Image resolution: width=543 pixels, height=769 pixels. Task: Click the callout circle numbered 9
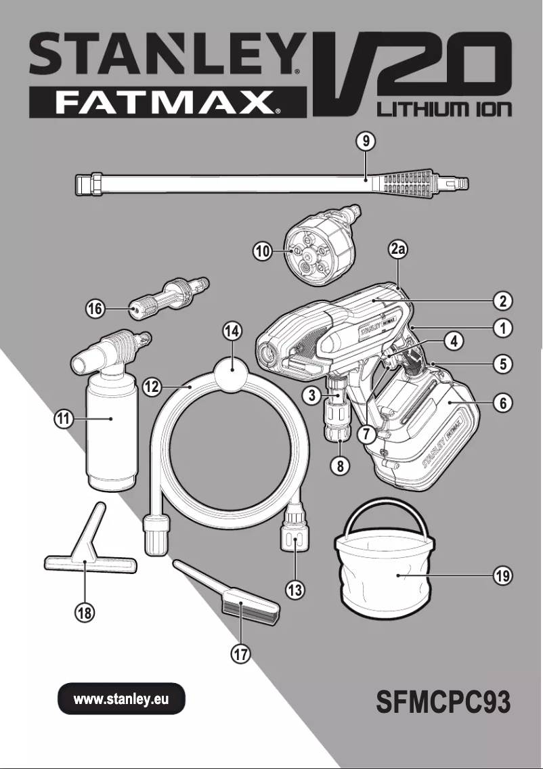click(366, 142)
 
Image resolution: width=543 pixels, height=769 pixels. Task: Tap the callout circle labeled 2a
click(399, 250)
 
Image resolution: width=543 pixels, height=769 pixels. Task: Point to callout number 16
click(95, 309)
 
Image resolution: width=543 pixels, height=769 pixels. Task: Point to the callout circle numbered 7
click(366, 435)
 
